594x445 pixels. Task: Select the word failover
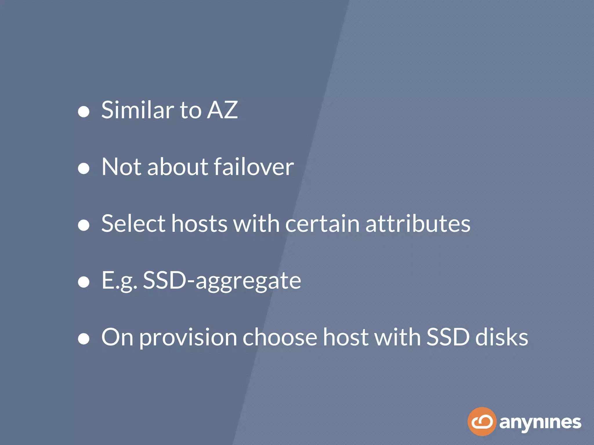(254, 167)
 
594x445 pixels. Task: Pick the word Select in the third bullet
(133, 224)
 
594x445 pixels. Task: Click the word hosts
(199, 224)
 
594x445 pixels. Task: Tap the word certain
(322, 224)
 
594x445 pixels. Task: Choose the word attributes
(418, 224)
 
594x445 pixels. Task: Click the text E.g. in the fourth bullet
(119, 280)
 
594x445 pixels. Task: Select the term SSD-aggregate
(222, 280)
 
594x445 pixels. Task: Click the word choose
(280, 338)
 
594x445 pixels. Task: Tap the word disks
(502, 338)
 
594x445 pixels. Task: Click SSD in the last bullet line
(448, 338)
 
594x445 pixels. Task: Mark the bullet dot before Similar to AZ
(84, 112)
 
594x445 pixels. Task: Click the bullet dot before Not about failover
(84, 168)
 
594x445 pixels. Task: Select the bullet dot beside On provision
(84, 339)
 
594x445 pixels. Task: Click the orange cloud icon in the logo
(482, 422)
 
